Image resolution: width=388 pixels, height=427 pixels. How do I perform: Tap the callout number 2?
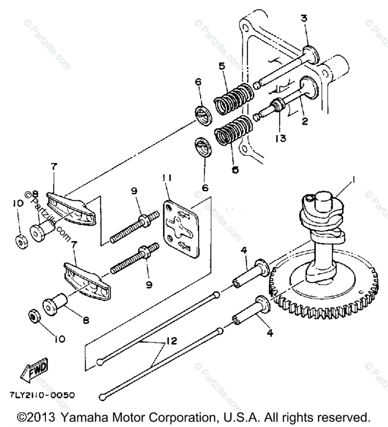click(305, 121)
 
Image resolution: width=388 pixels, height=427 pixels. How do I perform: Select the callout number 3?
click(304, 19)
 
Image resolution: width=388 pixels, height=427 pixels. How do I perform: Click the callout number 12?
click(171, 341)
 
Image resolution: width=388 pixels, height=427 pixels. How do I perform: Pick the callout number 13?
click(280, 138)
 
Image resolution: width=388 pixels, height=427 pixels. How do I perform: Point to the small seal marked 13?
click(277, 105)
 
